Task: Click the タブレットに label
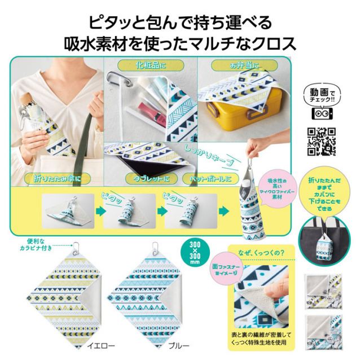[151, 179]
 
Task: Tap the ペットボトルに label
[210, 179]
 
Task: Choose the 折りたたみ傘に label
[45, 179]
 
